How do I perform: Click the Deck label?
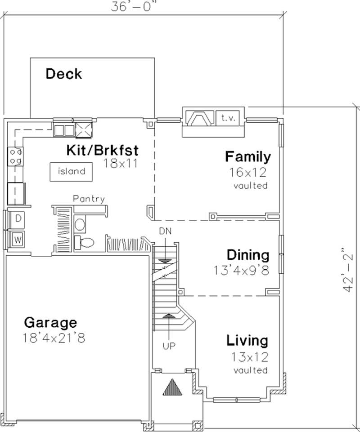64,74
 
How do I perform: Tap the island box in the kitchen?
71,171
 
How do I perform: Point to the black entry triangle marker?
171,387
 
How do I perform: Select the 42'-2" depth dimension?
347,270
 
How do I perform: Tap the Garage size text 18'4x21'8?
54,338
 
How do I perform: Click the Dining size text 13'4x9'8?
242,271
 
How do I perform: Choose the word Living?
247,340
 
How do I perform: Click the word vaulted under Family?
251,186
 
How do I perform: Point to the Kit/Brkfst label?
102,150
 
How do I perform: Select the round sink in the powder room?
80,224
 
